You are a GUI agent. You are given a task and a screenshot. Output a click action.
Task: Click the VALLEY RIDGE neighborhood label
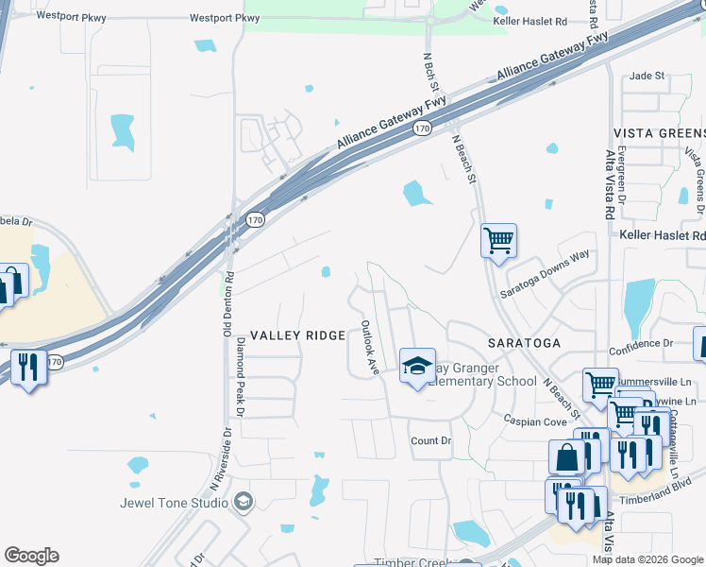click(x=298, y=335)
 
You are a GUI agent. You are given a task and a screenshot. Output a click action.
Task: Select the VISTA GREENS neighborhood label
click(x=659, y=133)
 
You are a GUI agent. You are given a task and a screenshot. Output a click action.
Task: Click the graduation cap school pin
click(x=417, y=368)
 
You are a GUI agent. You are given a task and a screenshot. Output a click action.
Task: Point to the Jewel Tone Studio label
click(x=174, y=502)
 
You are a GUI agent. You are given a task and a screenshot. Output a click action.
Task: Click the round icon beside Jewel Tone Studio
click(x=244, y=501)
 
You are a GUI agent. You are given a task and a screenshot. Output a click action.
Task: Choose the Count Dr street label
click(x=431, y=441)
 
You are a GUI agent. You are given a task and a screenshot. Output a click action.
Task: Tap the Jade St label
click(x=647, y=76)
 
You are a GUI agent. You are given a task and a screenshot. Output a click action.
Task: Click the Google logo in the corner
click(x=31, y=556)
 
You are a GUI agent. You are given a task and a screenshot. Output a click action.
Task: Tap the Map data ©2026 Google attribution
click(x=647, y=559)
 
